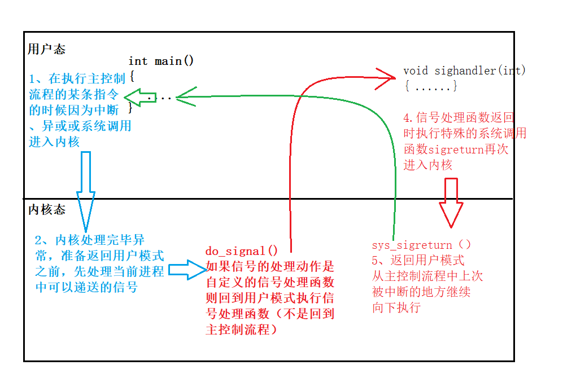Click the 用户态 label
[46, 49]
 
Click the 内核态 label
[46, 210]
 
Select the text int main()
[161, 61]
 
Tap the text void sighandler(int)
[464, 71]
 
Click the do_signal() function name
[241, 252]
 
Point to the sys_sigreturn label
[412, 245]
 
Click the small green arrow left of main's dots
[133, 96]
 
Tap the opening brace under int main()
[132, 75]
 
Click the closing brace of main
[131, 106]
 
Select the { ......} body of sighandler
[430, 87]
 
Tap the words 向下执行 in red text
[396, 307]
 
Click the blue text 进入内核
[54, 142]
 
